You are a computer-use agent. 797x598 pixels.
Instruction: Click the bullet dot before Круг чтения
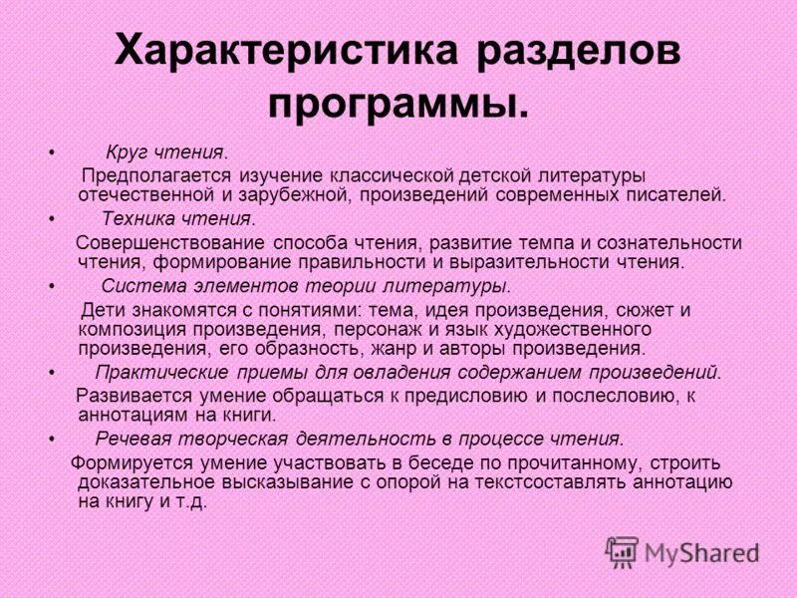pos(51,153)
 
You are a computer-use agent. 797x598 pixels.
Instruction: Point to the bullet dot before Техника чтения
pos(51,219)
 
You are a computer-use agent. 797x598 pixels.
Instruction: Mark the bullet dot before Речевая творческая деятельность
pos(51,439)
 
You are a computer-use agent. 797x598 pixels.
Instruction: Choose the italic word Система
pos(133,286)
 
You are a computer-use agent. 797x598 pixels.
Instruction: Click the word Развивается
pos(129,396)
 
